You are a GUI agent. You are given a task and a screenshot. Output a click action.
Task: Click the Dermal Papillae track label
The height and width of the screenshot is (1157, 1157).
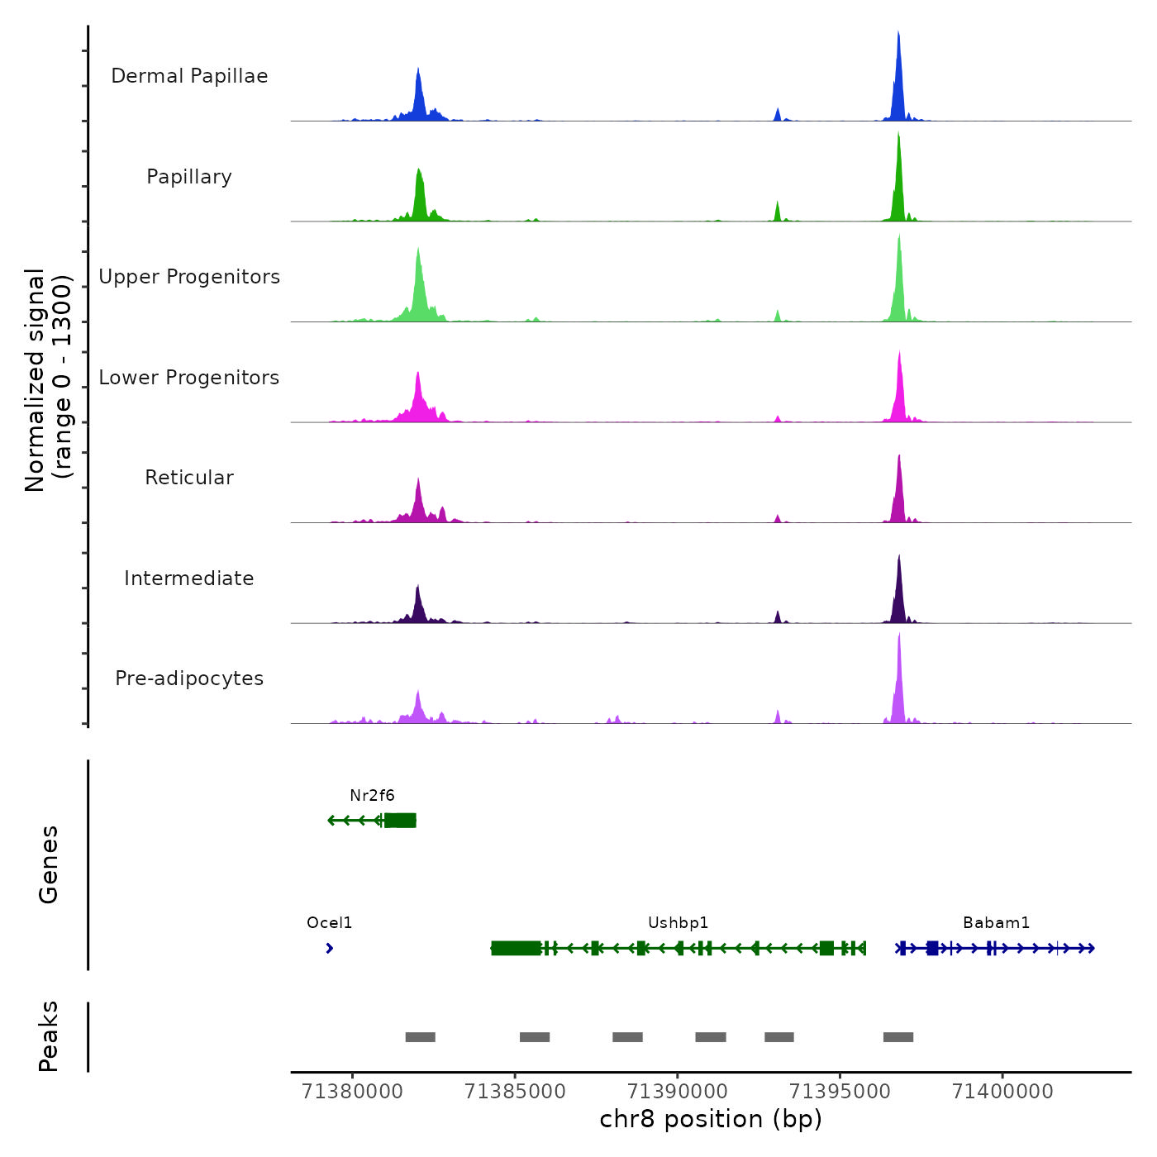point(189,76)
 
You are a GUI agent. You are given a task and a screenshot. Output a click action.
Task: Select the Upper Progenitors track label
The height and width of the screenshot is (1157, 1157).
point(189,277)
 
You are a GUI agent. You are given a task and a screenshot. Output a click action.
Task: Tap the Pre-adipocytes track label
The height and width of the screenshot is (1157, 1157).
point(189,678)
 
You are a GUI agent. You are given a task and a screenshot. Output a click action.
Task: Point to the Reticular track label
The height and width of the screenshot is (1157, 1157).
point(189,478)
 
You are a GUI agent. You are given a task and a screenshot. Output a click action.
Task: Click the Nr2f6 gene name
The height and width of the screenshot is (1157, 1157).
point(372,796)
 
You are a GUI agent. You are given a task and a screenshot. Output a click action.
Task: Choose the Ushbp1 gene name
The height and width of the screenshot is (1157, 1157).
point(678,923)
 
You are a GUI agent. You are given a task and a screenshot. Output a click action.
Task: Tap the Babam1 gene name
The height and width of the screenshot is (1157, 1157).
point(996,923)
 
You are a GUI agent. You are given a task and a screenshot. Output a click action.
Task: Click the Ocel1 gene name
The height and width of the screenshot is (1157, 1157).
point(329,923)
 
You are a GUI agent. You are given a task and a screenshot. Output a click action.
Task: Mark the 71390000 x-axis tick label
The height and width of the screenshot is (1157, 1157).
point(678,1092)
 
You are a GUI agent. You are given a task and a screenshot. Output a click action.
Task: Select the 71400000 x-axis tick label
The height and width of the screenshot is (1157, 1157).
point(1002,1092)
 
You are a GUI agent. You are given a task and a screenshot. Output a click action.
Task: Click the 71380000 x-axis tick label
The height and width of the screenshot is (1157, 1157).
point(353,1092)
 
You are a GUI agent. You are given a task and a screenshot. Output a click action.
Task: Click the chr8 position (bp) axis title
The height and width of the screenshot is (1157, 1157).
point(711,1119)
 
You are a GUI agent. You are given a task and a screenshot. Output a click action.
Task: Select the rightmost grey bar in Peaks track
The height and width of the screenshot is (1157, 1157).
point(898,1037)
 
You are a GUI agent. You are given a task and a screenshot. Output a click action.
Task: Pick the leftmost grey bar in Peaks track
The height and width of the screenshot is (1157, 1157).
point(420,1037)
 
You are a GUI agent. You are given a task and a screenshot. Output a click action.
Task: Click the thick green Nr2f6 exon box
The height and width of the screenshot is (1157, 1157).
point(401,821)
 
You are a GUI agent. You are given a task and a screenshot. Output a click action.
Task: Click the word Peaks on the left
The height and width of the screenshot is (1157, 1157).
point(49,1036)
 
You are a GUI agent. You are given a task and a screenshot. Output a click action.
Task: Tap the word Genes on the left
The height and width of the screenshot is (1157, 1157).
point(49,864)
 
